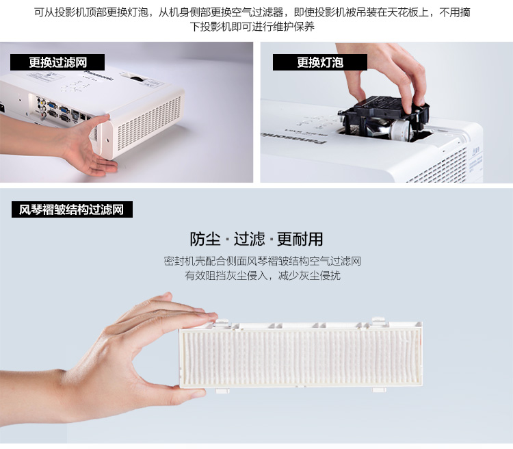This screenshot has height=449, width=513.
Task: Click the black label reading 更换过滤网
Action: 57,62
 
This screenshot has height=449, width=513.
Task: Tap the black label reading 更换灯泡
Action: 319,62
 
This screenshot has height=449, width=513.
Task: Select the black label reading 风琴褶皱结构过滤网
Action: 72,209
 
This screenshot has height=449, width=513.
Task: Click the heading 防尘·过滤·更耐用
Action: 256,239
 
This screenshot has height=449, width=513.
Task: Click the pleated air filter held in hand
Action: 301,355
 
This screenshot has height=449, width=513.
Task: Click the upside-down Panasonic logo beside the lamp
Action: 294,138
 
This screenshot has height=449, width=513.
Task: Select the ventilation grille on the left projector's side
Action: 149,123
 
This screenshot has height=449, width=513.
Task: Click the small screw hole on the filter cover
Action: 107,140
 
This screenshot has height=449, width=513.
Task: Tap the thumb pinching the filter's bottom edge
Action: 183,391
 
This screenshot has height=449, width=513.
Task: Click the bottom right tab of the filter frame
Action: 379,389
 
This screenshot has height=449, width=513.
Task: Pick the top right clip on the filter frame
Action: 378,320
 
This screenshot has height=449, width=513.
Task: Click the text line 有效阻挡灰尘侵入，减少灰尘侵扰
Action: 263,275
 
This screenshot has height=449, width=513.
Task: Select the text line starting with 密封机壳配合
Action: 263,261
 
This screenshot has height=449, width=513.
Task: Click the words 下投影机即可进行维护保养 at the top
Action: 252,27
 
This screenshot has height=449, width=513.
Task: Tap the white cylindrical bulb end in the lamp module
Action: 400,130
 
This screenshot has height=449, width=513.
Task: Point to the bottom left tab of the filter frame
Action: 222,390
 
